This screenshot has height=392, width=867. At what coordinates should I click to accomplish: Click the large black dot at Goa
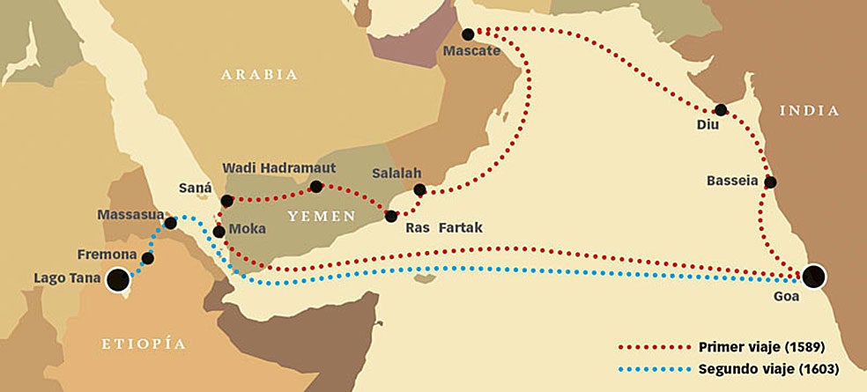click(x=815, y=276)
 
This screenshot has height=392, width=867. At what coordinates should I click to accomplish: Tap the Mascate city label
click(x=472, y=51)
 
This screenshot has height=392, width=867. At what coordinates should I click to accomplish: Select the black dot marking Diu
click(x=721, y=110)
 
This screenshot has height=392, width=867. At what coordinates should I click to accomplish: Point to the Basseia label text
click(x=732, y=181)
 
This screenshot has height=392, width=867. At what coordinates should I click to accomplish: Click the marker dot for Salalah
click(x=419, y=189)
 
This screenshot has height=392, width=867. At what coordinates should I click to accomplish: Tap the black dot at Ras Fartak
click(x=391, y=215)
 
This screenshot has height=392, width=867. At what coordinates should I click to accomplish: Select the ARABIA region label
click(x=259, y=75)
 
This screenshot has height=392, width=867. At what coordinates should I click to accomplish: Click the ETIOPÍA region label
click(x=144, y=343)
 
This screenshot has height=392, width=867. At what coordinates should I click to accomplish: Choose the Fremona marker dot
click(x=148, y=258)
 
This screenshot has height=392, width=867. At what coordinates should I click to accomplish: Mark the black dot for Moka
click(x=219, y=232)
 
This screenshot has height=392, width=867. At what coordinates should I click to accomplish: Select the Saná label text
click(x=195, y=189)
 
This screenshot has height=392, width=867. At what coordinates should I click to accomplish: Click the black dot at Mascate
click(x=468, y=33)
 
